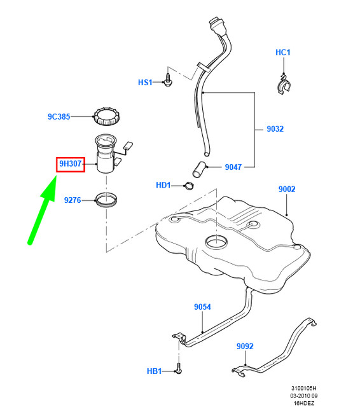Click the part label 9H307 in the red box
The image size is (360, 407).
point(70,164)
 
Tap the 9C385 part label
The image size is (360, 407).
point(59,117)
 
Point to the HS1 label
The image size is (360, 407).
point(146,83)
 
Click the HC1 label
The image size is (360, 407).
point(283,52)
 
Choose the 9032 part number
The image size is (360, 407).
point(275,129)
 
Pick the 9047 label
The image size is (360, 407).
point(233,168)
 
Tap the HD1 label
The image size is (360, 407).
point(163,186)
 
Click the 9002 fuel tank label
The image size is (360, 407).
point(287,190)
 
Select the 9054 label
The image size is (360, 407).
point(202,307)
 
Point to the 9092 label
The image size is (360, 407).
point(245,347)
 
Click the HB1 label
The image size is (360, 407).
point(155,370)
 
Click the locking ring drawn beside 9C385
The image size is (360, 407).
point(106,117)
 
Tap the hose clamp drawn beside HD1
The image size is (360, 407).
point(188,186)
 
